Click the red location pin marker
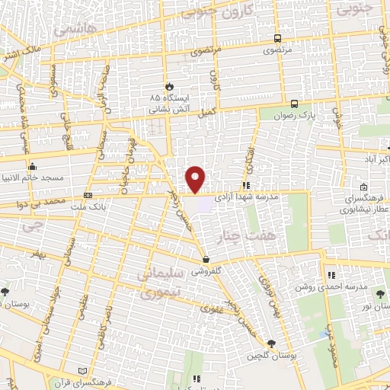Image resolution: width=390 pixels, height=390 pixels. tap(196, 179)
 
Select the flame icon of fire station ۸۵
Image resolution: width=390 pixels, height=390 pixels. tap(168, 86)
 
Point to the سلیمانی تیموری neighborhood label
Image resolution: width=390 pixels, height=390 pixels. tap(155, 280)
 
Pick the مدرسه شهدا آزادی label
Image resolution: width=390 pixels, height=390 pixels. tap(270, 197)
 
